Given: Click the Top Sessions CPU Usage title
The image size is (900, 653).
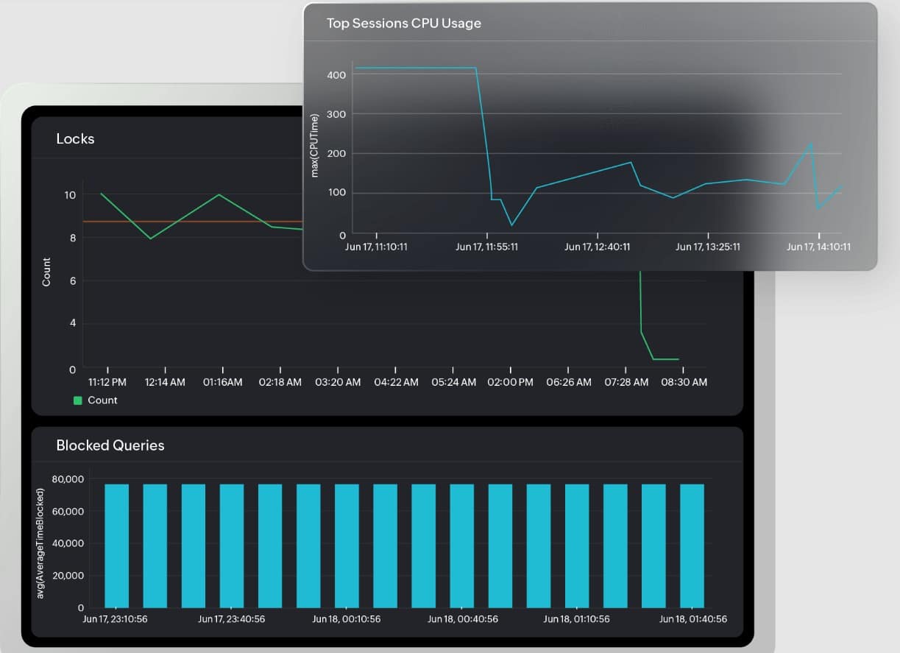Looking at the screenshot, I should pos(403,24).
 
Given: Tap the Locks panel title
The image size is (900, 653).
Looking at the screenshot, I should pos(75,138).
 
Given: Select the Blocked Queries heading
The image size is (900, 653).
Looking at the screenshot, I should pos(110,445).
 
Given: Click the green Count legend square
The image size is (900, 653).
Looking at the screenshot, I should pos(77,400).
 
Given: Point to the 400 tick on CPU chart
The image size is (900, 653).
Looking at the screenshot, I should pos(336,75).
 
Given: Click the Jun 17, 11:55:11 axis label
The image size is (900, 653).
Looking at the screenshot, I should pos(486,247).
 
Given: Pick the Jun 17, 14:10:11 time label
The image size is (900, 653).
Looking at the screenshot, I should pos(818,247).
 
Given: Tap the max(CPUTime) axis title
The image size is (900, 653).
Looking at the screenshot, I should pos(315,145).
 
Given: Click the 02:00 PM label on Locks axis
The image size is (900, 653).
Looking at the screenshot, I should pos(510,382).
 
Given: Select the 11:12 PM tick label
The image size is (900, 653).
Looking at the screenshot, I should pos(108,382).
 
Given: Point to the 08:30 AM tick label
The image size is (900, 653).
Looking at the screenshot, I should pos(684,382).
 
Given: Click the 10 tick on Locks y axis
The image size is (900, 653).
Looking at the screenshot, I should pos(70,195).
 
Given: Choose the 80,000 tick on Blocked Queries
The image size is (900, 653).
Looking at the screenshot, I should pos(68,479).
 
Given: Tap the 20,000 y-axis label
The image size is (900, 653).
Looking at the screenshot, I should pos(68,576).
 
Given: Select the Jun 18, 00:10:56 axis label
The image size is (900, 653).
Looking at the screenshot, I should pos(347,619).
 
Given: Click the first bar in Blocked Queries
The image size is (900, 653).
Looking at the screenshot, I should pos(116,545).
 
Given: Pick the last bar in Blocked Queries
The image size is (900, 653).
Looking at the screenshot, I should pos(692,545).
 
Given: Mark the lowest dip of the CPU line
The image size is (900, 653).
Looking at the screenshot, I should pos(511,225).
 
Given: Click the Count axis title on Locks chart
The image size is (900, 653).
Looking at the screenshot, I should pos(47,272).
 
